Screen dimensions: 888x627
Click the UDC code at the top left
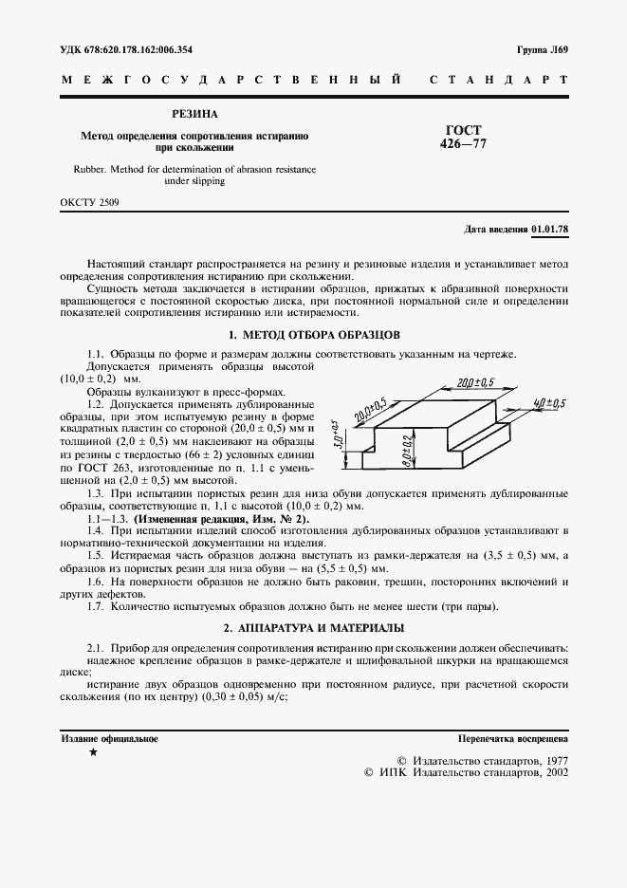(x=125, y=48)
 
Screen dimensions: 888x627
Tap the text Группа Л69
(x=542, y=48)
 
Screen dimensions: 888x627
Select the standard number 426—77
(x=463, y=144)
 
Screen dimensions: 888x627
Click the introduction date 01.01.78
(x=550, y=230)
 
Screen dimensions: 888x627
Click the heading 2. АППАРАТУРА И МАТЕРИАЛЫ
(x=314, y=627)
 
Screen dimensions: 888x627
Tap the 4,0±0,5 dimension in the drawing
(x=549, y=403)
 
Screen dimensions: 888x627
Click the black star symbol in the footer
(x=93, y=752)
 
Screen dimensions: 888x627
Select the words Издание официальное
(x=110, y=737)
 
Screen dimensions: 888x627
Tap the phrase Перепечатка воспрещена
(x=512, y=737)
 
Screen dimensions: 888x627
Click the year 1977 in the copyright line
(x=549, y=760)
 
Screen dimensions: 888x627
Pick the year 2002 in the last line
(x=549, y=773)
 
